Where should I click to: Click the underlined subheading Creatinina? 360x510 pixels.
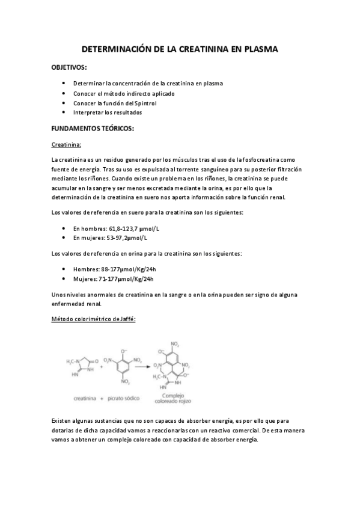coord(66,144)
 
